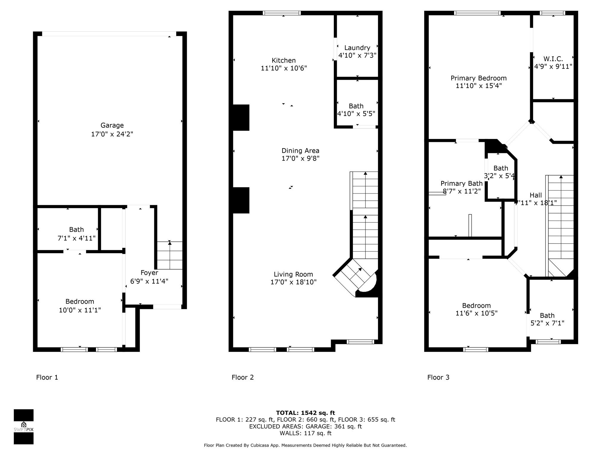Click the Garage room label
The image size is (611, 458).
click(x=112, y=126)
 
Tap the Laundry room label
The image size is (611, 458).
click(x=357, y=48)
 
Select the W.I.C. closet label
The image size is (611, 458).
click(x=553, y=59)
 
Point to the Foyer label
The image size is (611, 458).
click(x=149, y=273)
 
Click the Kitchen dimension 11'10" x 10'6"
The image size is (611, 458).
click(x=284, y=68)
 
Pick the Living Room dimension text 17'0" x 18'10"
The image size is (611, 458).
click(x=293, y=282)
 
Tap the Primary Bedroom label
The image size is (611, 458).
click(x=479, y=78)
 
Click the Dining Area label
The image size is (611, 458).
click(x=300, y=151)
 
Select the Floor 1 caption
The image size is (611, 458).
click(x=47, y=377)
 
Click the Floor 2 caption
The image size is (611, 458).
click(x=243, y=377)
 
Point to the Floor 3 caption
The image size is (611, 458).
click(x=438, y=377)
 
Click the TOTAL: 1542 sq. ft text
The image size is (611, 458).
click(x=305, y=413)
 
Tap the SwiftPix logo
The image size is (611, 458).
click(x=24, y=427)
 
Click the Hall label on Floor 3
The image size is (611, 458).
click(x=536, y=195)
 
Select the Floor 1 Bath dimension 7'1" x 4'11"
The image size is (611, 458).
click(x=76, y=238)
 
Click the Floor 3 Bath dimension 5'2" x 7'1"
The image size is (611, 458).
click(x=547, y=323)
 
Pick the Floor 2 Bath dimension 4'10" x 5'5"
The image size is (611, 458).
click(x=356, y=114)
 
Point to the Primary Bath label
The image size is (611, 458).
click(x=461, y=183)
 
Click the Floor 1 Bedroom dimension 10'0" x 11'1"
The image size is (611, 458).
click(x=80, y=310)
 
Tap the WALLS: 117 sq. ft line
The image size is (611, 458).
click(x=305, y=433)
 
